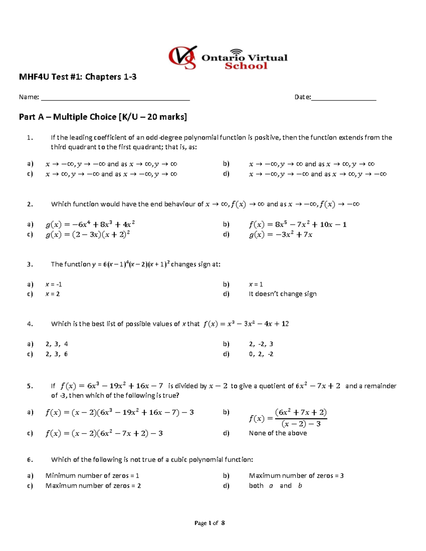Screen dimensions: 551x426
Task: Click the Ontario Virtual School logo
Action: (228, 57)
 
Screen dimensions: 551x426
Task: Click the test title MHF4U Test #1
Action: (77, 77)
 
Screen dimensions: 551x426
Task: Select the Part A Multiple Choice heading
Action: (103, 117)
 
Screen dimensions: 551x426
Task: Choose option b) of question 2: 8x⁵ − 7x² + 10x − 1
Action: (297, 225)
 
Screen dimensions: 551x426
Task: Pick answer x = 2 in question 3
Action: (53, 294)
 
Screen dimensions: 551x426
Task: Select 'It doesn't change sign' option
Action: (283, 294)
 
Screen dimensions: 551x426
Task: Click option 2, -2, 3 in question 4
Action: (261, 344)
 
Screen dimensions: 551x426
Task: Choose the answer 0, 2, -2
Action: (261, 354)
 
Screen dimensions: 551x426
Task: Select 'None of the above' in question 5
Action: (278, 433)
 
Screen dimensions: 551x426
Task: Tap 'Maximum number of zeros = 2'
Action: (93, 486)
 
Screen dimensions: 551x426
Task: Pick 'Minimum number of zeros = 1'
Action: (92, 476)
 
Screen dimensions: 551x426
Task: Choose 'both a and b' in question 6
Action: (275, 486)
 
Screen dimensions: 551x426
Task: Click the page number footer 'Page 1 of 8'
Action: (209, 523)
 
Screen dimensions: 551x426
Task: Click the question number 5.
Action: (30, 386)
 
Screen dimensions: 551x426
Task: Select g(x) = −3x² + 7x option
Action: (280, 235)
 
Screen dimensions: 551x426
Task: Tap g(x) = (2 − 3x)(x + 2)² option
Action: (87, 235)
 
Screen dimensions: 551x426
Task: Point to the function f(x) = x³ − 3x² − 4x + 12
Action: (246, 324)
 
